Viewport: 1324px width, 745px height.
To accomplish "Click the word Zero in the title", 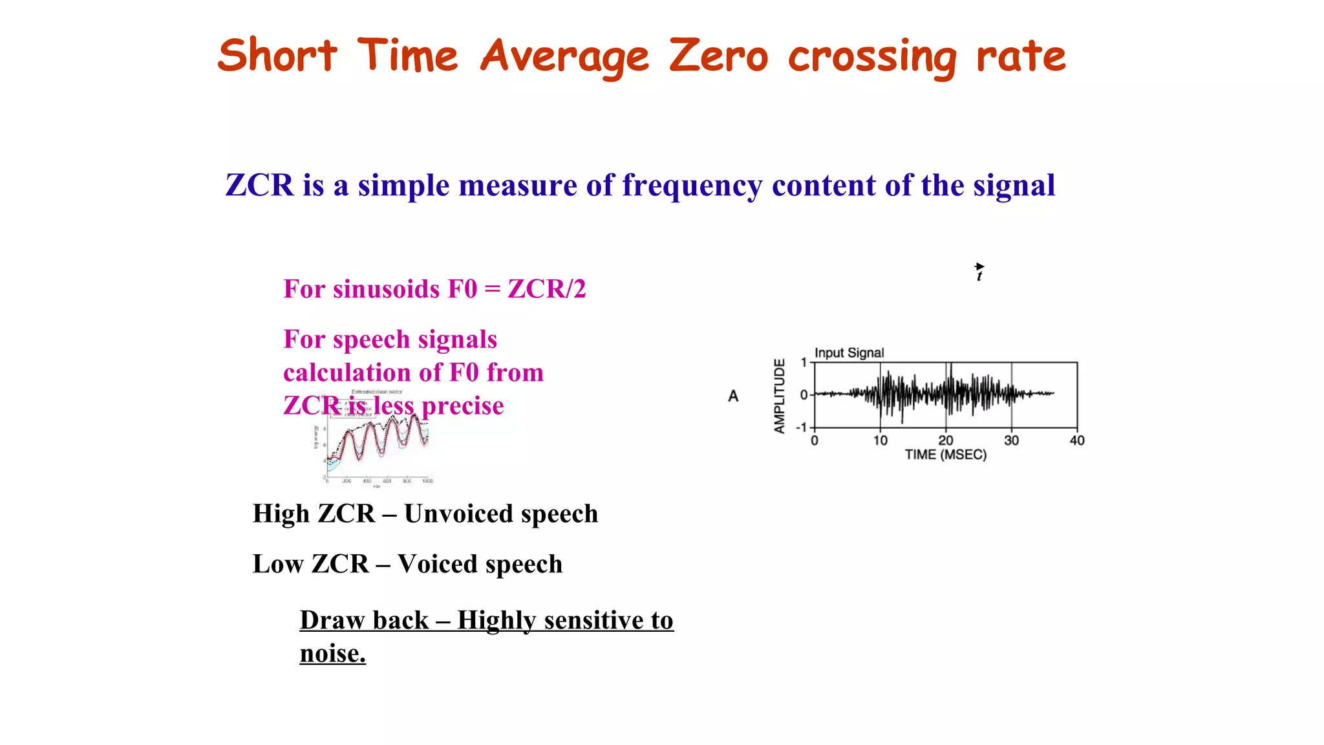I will click(x=718, y=56).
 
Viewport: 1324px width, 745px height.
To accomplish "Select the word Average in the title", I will click(x=564, y=57).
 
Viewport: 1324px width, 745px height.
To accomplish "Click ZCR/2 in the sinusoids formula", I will click(x=546, y=289).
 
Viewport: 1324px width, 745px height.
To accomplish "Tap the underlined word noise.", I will click(x=332, y=654).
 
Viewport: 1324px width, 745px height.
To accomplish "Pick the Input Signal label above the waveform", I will click(x=849, y=352).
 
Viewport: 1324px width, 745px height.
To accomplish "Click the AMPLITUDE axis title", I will click(x=780, y=395).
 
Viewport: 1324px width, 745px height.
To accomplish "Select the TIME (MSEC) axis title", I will click(x=945, y=455).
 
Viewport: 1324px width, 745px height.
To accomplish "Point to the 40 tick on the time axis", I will click(x=1077, y=440).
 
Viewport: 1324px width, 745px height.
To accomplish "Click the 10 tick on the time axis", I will click(x=880, y=440).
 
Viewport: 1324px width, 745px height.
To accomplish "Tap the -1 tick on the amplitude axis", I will click(x=801, y=427).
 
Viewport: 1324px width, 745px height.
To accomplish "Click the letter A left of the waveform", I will click(x=733, y=396).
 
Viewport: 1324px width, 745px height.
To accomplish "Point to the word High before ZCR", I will click(x=281, y=514).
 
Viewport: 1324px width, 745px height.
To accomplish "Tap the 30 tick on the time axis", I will click(x=1011, y=440).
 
